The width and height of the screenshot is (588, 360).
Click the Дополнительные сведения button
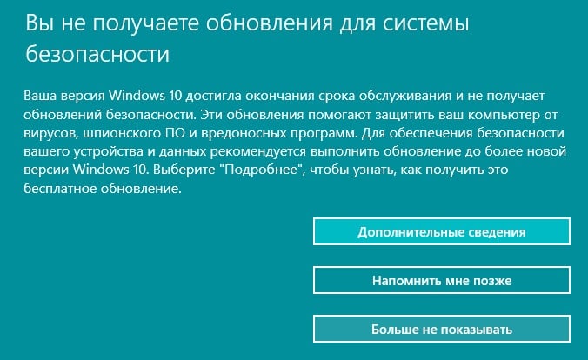coord(442,231)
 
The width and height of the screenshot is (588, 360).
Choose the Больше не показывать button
coord(442,329)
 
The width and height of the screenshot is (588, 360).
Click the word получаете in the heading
coord(146,23)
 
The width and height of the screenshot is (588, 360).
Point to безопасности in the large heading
coord(97,54)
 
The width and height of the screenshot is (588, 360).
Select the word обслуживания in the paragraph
coord(405,96)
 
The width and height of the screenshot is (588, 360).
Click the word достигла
coord(213,97)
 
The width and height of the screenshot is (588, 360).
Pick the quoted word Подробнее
coord(263,170)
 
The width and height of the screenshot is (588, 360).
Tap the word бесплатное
coord(59,188)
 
